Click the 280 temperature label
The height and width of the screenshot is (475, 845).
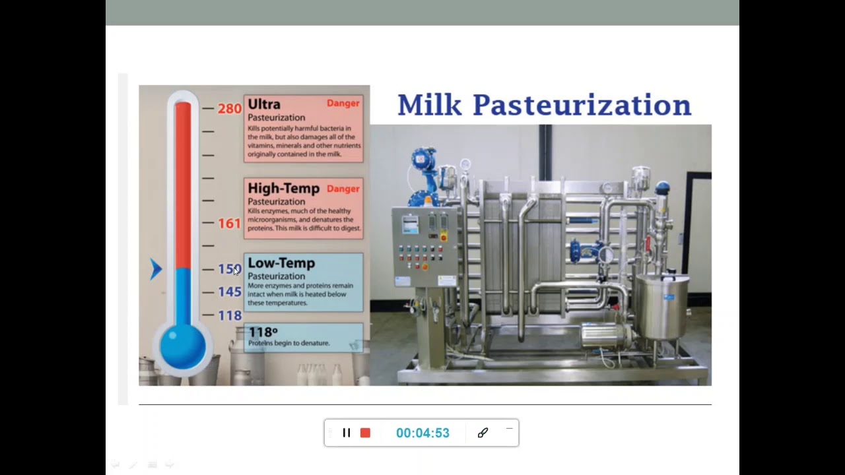coord(229,108)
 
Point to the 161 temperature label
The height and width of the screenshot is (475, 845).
coord(229,224)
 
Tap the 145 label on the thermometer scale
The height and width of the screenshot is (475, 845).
coord(229,292)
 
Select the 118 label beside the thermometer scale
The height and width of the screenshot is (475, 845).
coord(229,315)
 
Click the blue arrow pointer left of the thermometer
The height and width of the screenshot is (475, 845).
coord(156,269)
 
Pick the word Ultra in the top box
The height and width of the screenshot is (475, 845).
coord(264,104)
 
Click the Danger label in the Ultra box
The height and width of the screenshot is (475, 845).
coord(343,103)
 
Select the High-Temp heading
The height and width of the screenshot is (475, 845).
coord(283,189)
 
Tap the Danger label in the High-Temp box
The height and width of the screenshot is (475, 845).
coord(343,189)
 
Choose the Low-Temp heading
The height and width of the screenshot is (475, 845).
coord(281,263)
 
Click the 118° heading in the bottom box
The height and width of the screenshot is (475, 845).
coord(263,332)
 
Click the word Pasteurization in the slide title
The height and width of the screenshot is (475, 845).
coord(582,105)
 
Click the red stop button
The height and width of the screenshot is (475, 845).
coord(365,433)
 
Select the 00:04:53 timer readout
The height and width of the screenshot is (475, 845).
coord(422,433)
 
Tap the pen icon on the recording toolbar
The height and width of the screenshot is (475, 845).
coord(483,433)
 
